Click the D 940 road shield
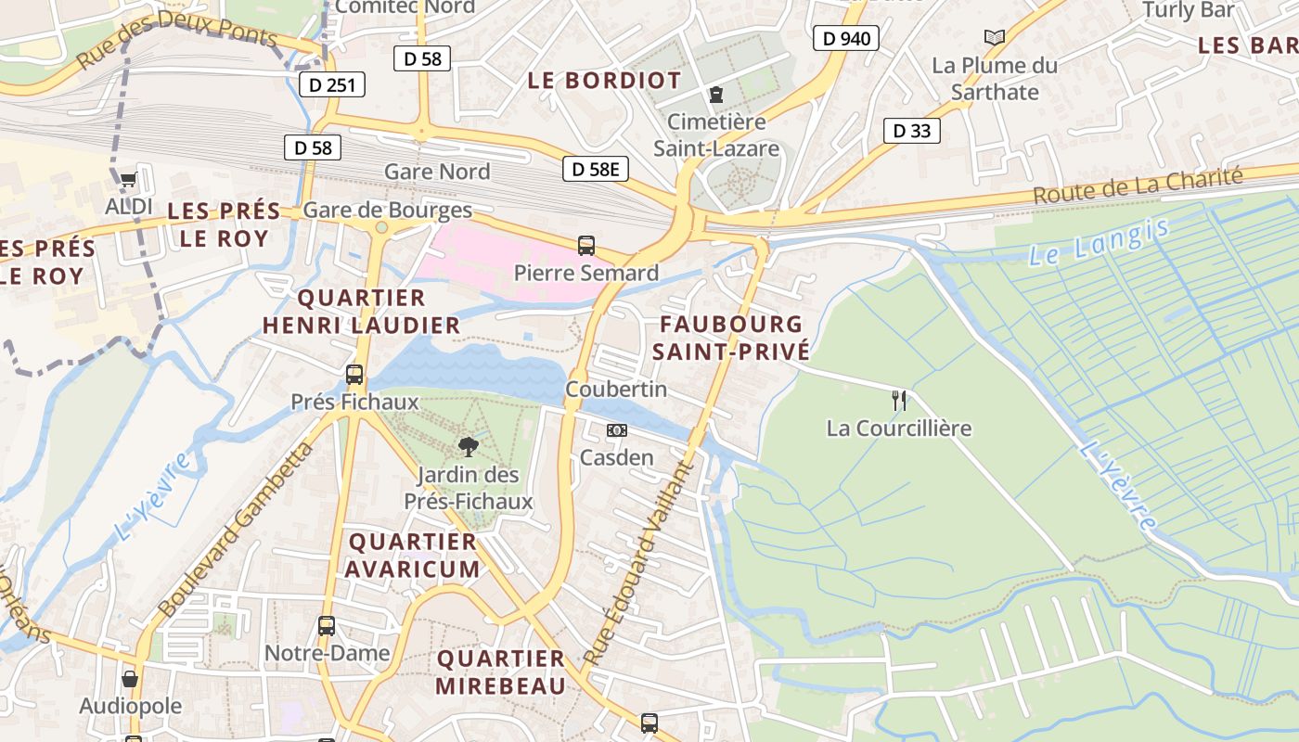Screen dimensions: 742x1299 [845, 38]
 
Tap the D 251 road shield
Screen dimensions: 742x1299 [332, 84]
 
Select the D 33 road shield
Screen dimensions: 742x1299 [911, 131]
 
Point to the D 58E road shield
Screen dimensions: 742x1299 [596, 169]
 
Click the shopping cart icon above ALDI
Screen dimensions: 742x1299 [128, 179]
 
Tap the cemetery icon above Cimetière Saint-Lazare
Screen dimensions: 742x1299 [716, 94]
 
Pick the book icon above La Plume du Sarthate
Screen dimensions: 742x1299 [995, 37]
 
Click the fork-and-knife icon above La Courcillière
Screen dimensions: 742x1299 [898, 401]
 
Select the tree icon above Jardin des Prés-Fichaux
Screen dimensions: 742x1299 [469, 448]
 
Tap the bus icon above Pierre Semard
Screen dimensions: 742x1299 [586, 246]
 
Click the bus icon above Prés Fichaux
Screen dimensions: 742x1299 [354, 375]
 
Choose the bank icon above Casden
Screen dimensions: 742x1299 [617, 430]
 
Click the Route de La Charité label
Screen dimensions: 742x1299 [1137, 187]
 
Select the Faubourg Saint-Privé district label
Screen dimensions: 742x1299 [731, 338]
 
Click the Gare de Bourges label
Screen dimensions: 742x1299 [388, 210]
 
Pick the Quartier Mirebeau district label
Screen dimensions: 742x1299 [501, 672]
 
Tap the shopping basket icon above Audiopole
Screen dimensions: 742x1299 [130, 679]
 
